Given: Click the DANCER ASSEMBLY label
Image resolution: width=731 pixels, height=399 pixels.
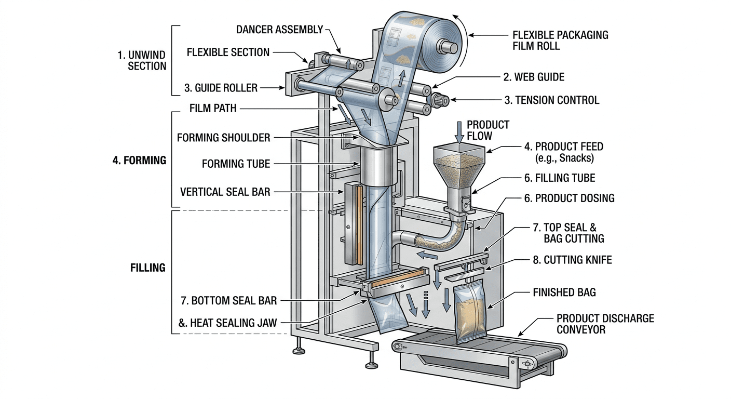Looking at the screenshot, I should pyautogui.click(x=279, y=30).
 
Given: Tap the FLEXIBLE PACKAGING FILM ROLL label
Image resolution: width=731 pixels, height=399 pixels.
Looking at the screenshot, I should pyautogui.click(x=560, y=41).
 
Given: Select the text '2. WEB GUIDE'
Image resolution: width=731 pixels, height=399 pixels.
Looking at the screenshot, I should pyautogui.click(x=534, y=77).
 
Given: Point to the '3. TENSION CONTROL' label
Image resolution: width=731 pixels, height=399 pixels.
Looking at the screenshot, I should pyautogui.click(x=552, y=100).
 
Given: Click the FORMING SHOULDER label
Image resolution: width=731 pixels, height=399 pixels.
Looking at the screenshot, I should pyautogui.click(x=223, y=138).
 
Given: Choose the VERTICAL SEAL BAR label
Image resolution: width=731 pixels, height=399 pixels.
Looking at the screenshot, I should pyautogui.click(x=225, y=192).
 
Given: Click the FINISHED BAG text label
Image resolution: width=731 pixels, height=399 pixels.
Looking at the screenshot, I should pyautogui.click(x=564, y=292).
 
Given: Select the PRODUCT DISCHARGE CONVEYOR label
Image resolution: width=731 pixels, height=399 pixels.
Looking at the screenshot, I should pyautogui.click(x=605, y=323).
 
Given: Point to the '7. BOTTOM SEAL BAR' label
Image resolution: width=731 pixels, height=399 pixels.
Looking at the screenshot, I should pyautogui.click(x=228, y=300).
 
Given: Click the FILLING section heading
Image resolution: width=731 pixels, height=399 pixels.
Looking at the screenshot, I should pyautogui.click(x=147, y=268).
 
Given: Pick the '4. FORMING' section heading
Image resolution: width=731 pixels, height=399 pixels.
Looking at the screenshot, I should pyautogui.click(x=139, y=161).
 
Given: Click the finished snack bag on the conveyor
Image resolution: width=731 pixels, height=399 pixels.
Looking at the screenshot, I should pyautogui.click(x=470, y=311).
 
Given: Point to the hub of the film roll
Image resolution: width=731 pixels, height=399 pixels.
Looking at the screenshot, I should pyautogui.click(x=450, y=47).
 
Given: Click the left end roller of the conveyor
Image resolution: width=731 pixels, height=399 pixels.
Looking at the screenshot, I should pyautogui.click(x=399, y=347).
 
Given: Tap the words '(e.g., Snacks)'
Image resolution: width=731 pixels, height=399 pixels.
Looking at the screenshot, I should pyautogui.click(x=564, y=158).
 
